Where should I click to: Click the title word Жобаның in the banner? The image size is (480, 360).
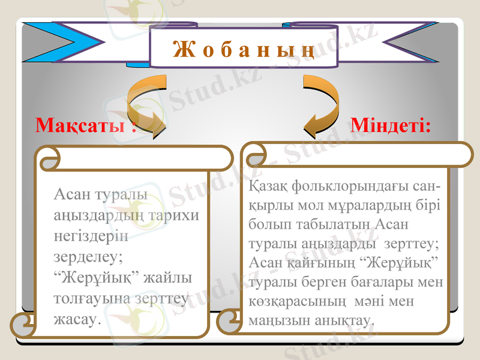tap(244, 49)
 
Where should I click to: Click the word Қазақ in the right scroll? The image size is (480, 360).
tap(268, 187)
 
